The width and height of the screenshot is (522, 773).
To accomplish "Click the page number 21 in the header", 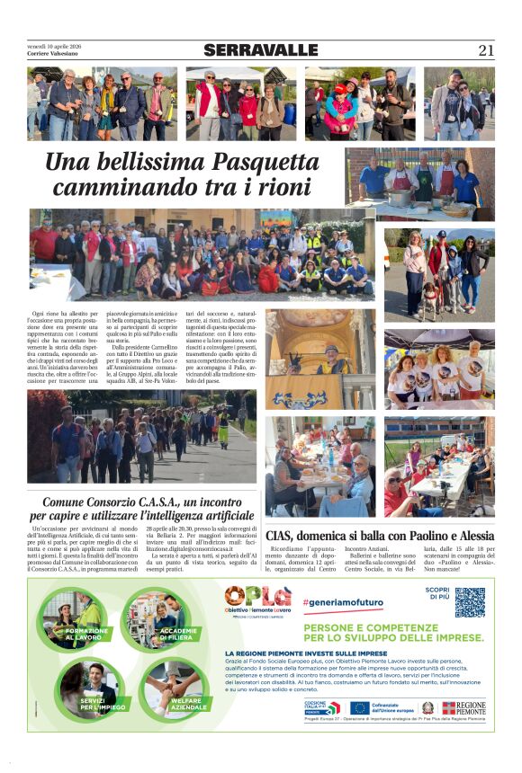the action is tap(486, 50).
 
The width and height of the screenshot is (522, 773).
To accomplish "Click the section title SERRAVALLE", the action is tap(260, 50).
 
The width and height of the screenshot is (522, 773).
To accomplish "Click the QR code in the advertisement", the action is tap(469, 601).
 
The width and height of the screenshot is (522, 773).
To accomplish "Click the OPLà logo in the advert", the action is tap(257, 596).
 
